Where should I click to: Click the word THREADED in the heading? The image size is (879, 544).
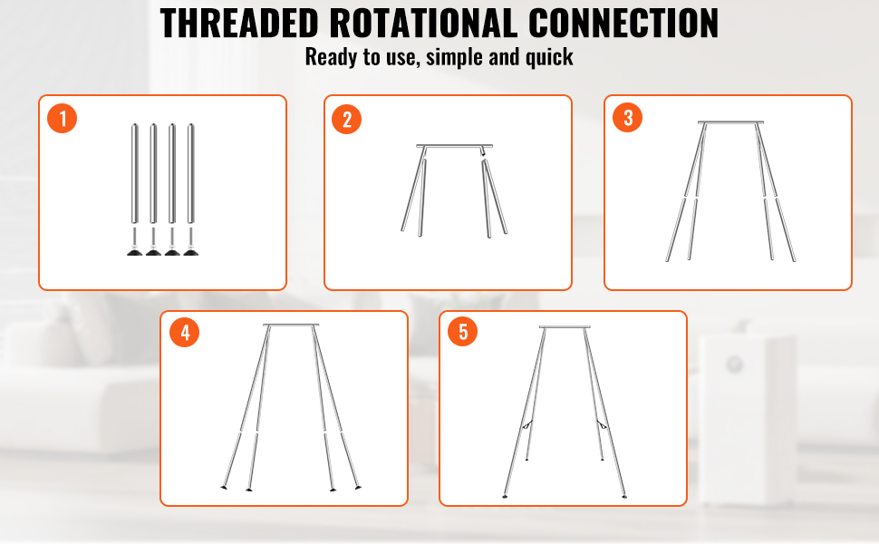click(239, 24)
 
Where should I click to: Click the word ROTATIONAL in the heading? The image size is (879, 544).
click(423, 24)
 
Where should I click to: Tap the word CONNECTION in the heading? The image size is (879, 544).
click(623, 24)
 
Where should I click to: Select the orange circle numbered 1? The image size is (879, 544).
click(62, 119)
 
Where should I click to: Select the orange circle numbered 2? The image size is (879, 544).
click(346, 120)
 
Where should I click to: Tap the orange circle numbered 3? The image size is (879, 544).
click(627, 117)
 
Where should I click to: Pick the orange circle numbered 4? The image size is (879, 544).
click(185, 333)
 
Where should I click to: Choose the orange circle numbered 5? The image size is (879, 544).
click(462, 332)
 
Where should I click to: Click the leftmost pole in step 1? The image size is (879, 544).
click(134, 173)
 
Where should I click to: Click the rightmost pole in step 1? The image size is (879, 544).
click(190, 173)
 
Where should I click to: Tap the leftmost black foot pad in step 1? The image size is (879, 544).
click(134, 252)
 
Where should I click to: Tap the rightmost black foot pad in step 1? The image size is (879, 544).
click(190, 252)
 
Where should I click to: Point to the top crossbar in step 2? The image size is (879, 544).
click(454, 146)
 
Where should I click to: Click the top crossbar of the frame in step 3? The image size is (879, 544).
click(730, 122)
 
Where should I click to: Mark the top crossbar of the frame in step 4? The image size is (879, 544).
click(291, 325)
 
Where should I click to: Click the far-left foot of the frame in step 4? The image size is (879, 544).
click(224, 488)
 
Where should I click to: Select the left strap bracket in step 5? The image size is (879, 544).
click(527, 425)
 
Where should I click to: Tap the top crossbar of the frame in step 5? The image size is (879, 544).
click(565, 327)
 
